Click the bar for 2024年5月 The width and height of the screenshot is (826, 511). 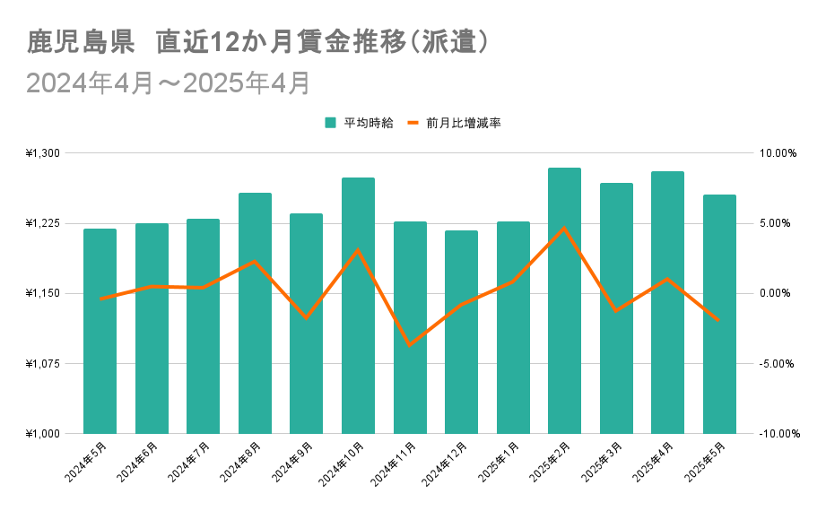[x=100, y=331]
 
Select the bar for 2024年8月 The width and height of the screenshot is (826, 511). [x=255, y=313]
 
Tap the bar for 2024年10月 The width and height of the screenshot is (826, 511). [x=358, y=306]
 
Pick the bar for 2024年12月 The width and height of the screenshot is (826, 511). [x=461, y=332]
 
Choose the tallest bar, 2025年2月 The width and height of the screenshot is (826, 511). [x=564, y=300]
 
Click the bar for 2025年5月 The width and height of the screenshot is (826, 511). [x=719, y=314]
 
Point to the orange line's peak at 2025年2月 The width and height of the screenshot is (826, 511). [x=564, y=227]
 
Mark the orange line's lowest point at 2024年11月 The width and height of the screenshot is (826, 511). [x=410, y=345]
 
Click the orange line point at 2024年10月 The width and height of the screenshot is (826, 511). [x=358, y=250]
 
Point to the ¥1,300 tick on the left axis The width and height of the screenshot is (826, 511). [x=43, y=153]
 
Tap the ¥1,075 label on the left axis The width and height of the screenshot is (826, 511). [x=43, y=364]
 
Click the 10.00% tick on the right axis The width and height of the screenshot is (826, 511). [x=778, y=153]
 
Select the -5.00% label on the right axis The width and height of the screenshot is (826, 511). [x=778, y=364]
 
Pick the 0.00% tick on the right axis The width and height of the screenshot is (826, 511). [x=778, y=293]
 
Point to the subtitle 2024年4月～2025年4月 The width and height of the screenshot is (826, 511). [x=168, y=82]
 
